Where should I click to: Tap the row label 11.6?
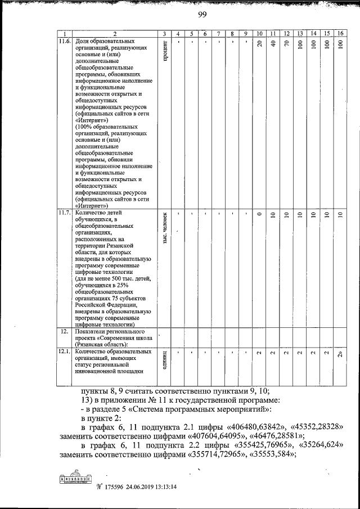click(65, 42)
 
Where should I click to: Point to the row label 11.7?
click(65, 213)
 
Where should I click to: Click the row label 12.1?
click(65, 352)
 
